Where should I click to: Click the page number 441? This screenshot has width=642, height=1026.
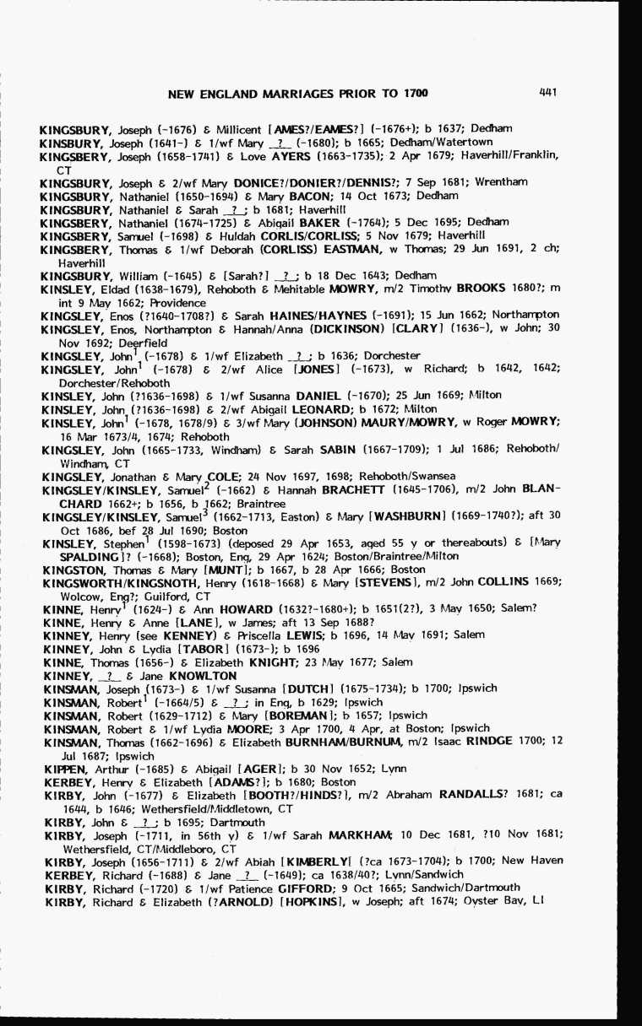pos(547,93)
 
